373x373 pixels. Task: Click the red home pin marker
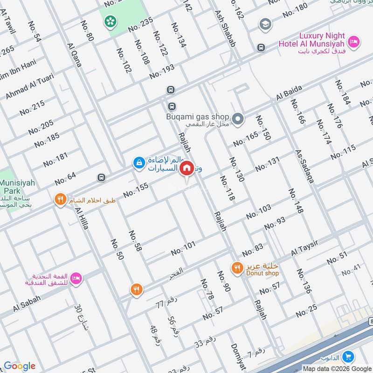point(187,168)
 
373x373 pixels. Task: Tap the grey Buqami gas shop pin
point(238,120)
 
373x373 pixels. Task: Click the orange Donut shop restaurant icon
point(237,268)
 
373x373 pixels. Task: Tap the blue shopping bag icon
point(138,163)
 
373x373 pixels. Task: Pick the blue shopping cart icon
point(347,357)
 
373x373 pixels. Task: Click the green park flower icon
point(111,21)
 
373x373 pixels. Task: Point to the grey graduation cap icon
point(265,24)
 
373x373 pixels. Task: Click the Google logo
point(20,366)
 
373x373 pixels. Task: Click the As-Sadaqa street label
point(304,166)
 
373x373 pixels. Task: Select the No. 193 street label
point(162,71)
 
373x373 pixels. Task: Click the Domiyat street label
point(237,357)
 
